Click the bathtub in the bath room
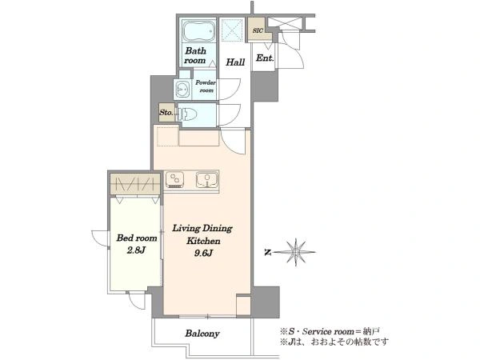coord(199,31)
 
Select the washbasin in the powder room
coord(183,90)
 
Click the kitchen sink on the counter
coord(207,179)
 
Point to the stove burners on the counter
coord(174,179)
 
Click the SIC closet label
coord(258,30)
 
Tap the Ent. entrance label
coord(265,58)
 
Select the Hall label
coord(235,62)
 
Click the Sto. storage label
coord(166,112)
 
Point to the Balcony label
coord(202,334)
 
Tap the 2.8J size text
coord(136,250)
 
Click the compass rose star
coord(296,252)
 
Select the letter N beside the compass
coord(268,253)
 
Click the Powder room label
coord(206,86)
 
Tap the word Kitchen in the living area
coord(203,241)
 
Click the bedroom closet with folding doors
coord(135,184)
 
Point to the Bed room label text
coord(137,238)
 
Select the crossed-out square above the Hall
coord(232,30)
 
